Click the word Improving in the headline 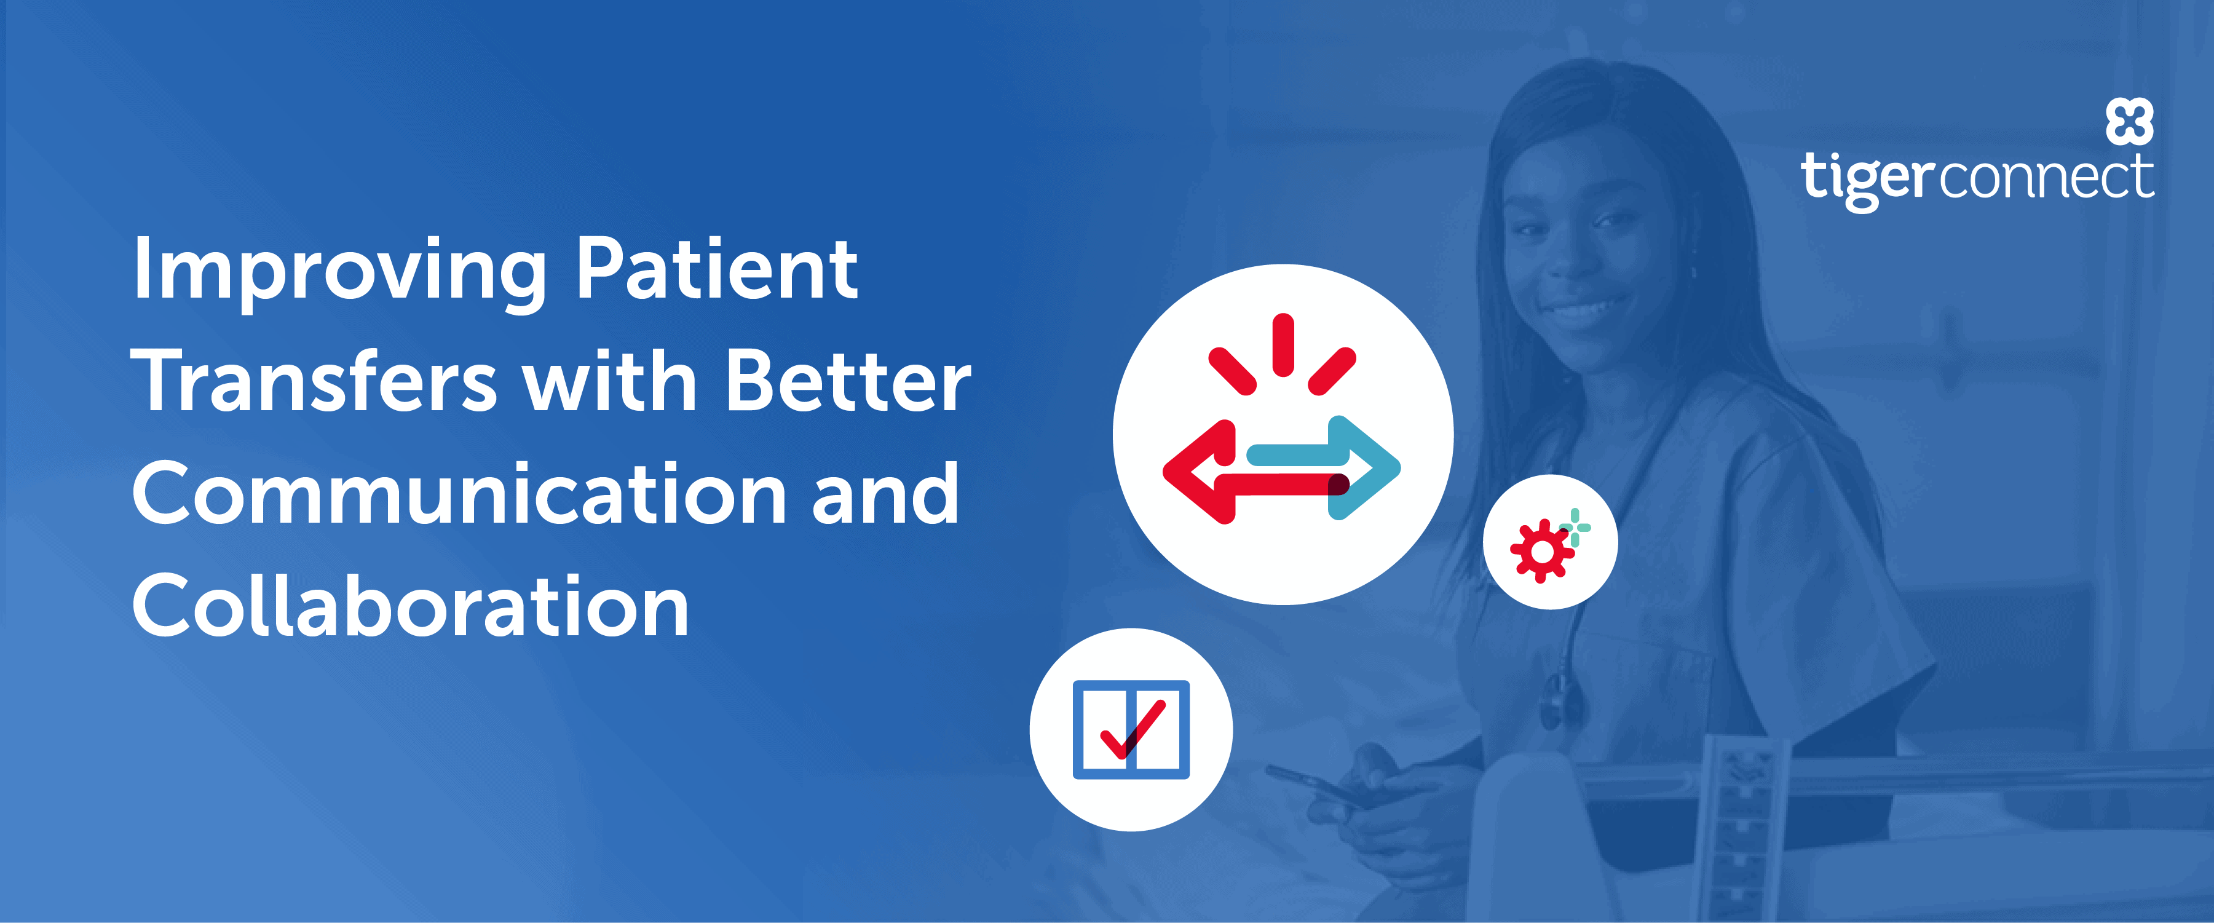[339, 270]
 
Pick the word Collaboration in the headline [410, 606]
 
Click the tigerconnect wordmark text [1977, 179]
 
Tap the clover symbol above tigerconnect [2129, 121]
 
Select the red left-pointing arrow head [1199, 471]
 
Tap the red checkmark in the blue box [1132, 731]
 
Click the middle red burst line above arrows [1283, 344]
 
